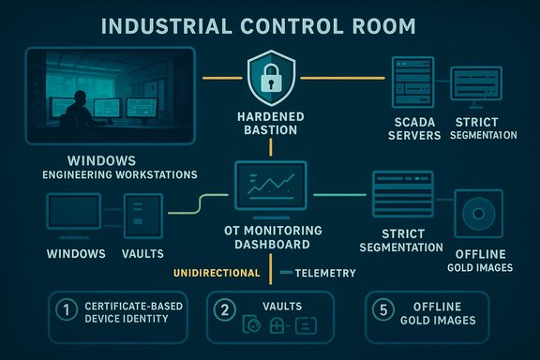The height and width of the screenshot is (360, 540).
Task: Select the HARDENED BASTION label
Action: coord(270,122)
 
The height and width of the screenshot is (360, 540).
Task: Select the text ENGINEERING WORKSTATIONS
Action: coord(106,175)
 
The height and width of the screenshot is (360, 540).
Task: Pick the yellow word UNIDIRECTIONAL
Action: coord(217,273)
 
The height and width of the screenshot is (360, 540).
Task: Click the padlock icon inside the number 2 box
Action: coord(280,326)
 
